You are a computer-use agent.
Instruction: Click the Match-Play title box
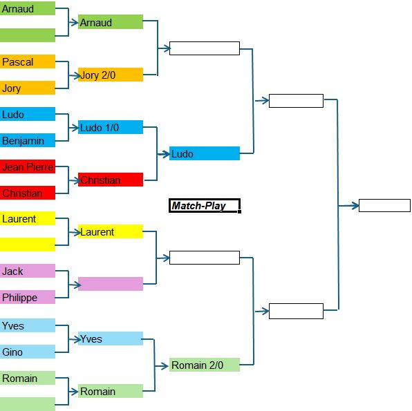205,206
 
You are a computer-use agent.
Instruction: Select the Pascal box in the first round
28,61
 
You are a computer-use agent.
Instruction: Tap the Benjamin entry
28,140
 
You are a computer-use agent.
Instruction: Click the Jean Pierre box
28,166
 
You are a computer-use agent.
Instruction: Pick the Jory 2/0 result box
111,75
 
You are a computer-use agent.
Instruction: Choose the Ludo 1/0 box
111,127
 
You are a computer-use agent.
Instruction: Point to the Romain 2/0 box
205,365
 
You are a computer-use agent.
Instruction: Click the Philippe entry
28,297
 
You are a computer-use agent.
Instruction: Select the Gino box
28,352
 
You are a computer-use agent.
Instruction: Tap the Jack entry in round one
28,271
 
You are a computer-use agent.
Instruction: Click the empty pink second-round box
111,284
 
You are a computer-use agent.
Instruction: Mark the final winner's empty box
384,205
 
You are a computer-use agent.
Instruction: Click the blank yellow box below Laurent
28,245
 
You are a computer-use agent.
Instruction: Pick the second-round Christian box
111,180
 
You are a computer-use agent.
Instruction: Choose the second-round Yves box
111,338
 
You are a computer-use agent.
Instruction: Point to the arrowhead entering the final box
356,206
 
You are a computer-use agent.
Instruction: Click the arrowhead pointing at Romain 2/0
165,366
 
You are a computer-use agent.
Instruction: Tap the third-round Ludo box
205,153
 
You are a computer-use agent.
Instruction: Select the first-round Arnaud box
28,8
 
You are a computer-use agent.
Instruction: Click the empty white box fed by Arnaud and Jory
205,48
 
